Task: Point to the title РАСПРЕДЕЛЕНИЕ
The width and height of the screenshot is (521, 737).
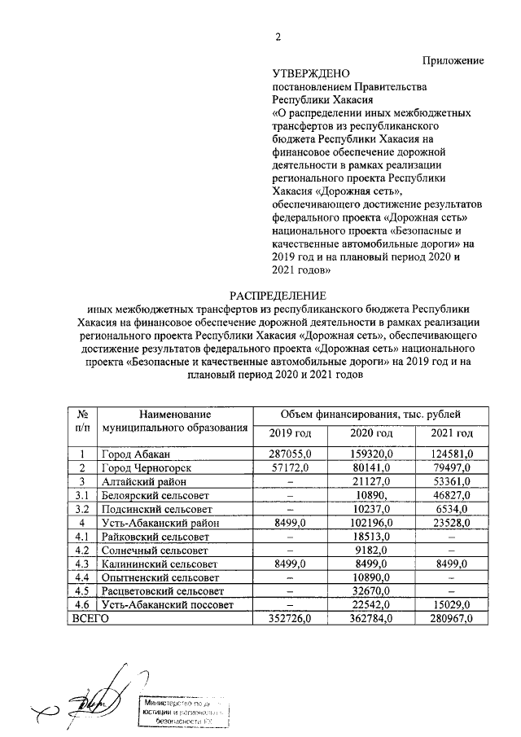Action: coord(277,295)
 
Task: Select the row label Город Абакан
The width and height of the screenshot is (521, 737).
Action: coord(136,453)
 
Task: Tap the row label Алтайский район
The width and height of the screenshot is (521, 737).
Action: coord(144,480)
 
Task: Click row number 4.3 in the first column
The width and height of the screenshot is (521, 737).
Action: coord(81,564)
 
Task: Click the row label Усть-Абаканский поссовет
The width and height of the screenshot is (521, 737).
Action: coord(167,604)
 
